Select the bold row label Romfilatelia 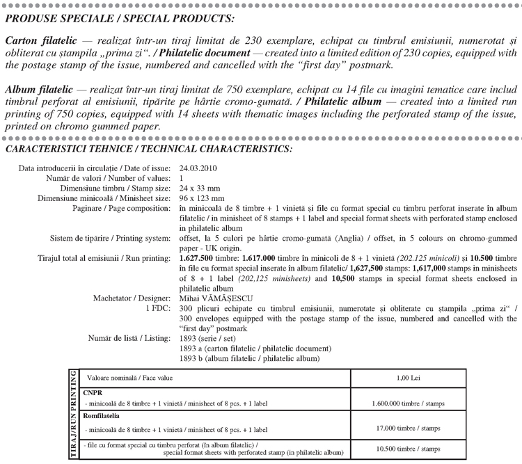point(102,415)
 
